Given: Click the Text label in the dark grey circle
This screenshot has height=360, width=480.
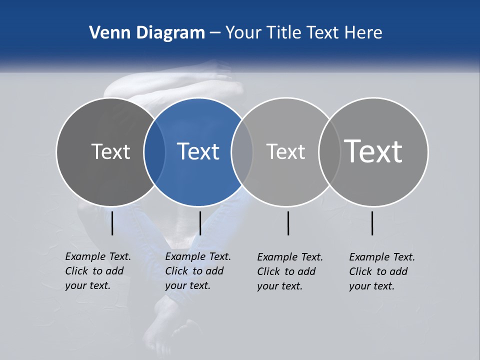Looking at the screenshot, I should point(110,151).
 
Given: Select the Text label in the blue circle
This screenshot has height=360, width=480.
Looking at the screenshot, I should point(198,151).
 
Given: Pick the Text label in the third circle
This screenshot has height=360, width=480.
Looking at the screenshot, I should point(285,151).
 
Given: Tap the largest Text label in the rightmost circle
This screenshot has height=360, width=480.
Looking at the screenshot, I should point(373,151).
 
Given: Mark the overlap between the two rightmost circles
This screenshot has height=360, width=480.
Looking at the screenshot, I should point(329,151).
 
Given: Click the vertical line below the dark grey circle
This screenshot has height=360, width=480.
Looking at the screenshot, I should point(112,223).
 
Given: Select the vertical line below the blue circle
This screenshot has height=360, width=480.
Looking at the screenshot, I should point(200,223).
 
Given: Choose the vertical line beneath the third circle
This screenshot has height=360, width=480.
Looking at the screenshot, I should point(288,223).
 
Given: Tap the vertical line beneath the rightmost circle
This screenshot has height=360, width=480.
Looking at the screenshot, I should point(372,223).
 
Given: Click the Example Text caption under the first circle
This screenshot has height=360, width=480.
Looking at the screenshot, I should point(97,271).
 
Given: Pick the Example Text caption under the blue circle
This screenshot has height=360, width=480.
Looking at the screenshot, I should point(197,271).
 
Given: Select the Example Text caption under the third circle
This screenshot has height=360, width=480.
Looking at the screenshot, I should point(289,271).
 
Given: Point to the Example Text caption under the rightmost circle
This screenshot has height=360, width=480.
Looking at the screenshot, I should point(381,271).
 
